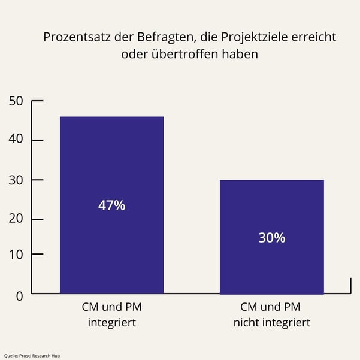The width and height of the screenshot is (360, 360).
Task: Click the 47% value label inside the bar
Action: [x=111, y=205]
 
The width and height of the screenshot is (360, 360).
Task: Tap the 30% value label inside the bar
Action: [x=271, y=238]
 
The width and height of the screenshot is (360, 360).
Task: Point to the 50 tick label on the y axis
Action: [x=16, y=101]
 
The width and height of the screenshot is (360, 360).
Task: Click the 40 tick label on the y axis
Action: [x=16, y=140]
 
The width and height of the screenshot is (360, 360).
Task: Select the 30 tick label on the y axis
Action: [x=16, y=180]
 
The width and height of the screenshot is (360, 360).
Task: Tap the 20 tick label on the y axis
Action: [x=16, y=219]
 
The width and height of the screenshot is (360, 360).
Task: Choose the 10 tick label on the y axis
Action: [x=16, y=254]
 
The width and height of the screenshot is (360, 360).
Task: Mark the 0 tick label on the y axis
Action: [x=19, y=295]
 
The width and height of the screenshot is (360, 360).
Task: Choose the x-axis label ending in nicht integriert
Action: [x=271, y=315]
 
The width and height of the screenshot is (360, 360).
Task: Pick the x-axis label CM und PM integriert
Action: [x=112, y=315]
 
